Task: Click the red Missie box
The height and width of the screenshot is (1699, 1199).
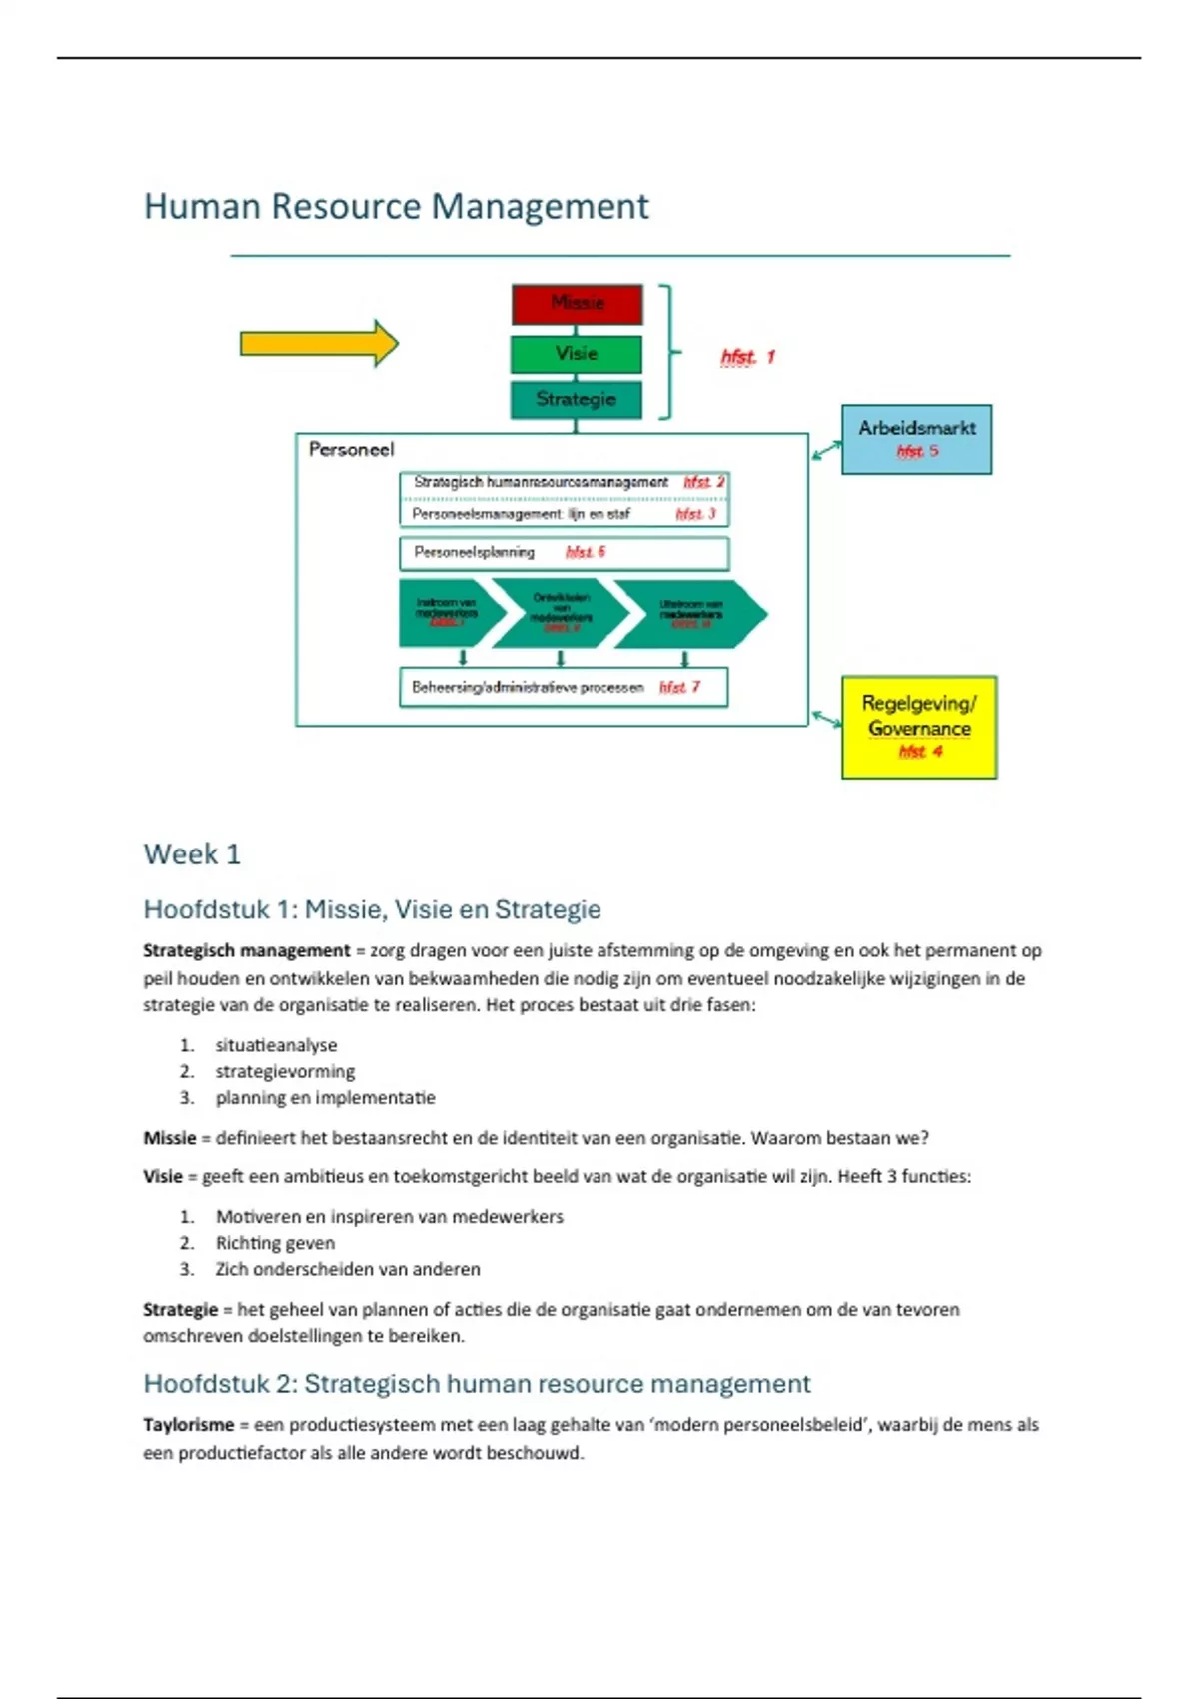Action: click(577, 304)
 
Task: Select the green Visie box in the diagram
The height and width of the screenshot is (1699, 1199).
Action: click(577, 354)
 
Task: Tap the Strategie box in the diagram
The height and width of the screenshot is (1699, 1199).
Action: click(577, 400)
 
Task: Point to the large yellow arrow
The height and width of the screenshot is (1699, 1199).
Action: click(319, 344)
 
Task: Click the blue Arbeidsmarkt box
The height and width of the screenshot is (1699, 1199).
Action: click(916, 439)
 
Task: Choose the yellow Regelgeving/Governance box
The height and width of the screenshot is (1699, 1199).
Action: click(919, 727)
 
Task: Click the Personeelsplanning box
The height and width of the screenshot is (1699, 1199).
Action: click(564, 553)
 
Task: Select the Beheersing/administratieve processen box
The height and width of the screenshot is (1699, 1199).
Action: click(564, 688)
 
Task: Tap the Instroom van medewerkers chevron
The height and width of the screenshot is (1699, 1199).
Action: click(447, 613)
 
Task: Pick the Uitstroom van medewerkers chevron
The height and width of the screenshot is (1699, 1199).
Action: click(691, 613)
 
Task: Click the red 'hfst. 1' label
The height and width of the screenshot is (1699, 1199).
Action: click(747, 357)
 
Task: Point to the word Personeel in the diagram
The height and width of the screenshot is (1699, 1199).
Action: click(351, 450)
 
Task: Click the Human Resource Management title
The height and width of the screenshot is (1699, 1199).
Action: click(397, 207)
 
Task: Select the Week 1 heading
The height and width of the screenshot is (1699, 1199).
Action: click(192, 854)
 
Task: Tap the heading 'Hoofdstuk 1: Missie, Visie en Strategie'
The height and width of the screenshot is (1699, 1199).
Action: click(373, 909)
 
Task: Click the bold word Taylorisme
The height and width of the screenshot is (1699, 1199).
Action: click(188, 1425)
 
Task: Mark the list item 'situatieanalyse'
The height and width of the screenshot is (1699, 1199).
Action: click(276, 1045)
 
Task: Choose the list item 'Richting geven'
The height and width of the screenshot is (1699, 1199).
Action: click(275, 1243)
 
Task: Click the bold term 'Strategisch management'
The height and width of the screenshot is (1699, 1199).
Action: click(247, 951)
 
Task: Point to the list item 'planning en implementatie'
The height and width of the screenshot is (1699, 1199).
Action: click(325, 1098)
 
